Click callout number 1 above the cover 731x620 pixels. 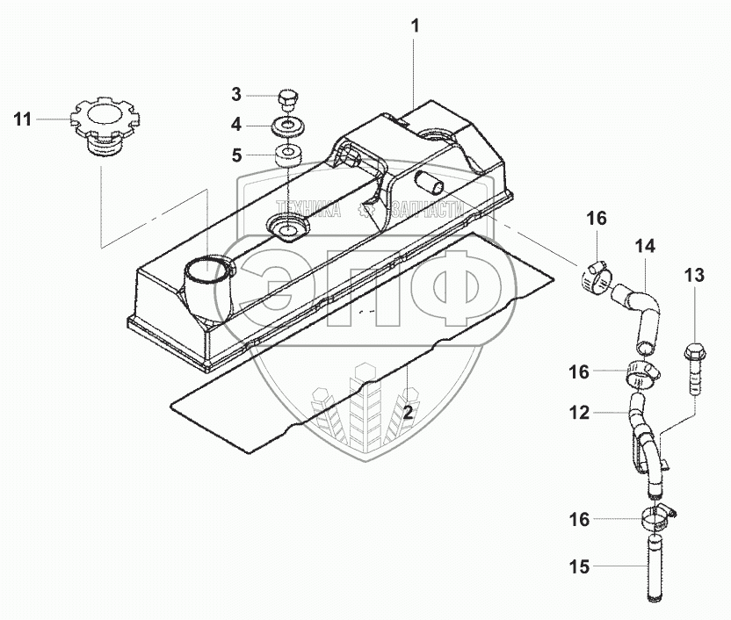click(x=416, y=27)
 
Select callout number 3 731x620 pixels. click(x=236, y=94)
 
